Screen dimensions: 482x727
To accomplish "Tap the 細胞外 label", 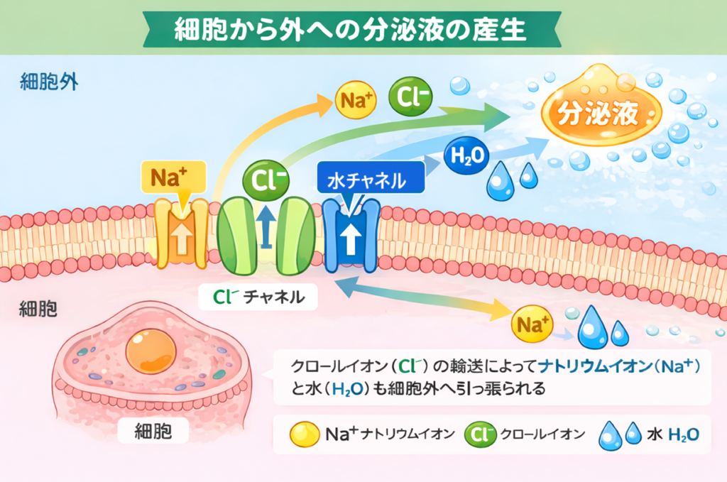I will pyautogui.click(x=48, y=80).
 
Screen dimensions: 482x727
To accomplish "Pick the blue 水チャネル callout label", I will pyautogui.click(x=369, y=181).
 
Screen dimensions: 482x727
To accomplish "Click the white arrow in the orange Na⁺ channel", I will pyautogui.click(x=182, y=240).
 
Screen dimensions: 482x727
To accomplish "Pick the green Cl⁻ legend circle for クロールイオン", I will pyautogui.click(x=481, y=434).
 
